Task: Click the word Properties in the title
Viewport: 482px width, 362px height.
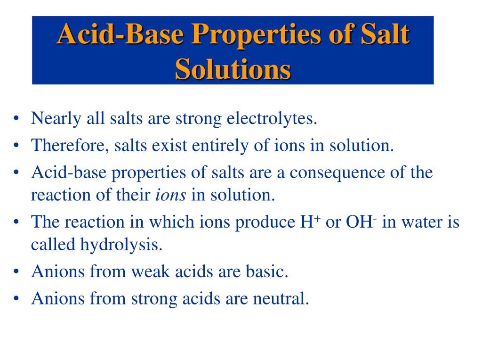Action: pos(245,36)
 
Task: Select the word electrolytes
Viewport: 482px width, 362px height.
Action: pos(272,118)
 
